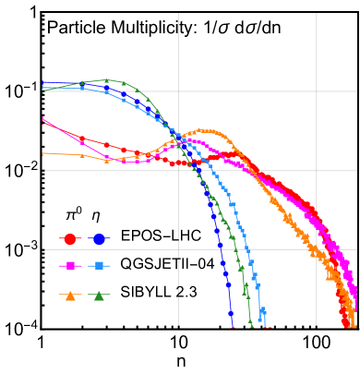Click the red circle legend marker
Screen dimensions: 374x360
(x=70, y=239)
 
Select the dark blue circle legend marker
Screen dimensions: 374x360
(x=99, y=239)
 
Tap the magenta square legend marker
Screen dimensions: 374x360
(x=70, y=266)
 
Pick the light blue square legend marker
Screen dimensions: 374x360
(x=99, y=266)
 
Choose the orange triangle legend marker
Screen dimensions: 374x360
(x=70, y=296)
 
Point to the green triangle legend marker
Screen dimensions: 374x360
(x=99, y=296)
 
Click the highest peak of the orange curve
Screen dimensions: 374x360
(x=205, y=130)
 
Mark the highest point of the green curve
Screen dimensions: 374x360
(x=107, y=80)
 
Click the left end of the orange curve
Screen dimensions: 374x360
(x=42, y=153)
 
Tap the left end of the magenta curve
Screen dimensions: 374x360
(x=42, y=119)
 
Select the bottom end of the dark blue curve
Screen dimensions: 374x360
(x=231, y=325)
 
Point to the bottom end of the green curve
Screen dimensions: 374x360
(x=250, y=325)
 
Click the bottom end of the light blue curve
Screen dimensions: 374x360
(x=264, y=325)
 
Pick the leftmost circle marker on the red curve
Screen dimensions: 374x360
(x=81, y=139)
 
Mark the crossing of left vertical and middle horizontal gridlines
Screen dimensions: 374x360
(x=178, y=170)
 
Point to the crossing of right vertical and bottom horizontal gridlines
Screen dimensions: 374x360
(x=317, y=249)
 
